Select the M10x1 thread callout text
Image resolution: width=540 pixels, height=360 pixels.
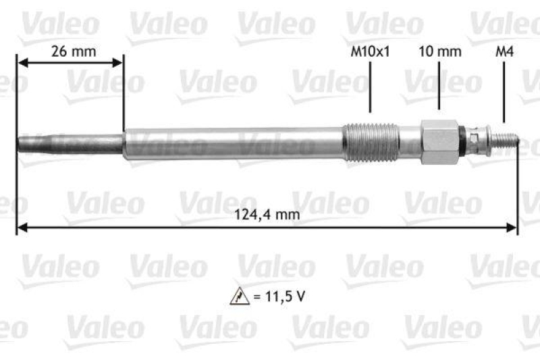[x=371, y=51]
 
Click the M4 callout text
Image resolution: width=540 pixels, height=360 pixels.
[x=504, y=51]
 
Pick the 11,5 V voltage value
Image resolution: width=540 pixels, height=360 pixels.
[x=278, y=296]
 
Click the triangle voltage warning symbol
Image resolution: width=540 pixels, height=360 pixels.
[x=240, y=296]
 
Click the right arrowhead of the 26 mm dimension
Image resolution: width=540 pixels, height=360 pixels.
[x=119, y=63]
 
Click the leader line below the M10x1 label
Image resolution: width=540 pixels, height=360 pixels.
[x=371, y=88]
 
